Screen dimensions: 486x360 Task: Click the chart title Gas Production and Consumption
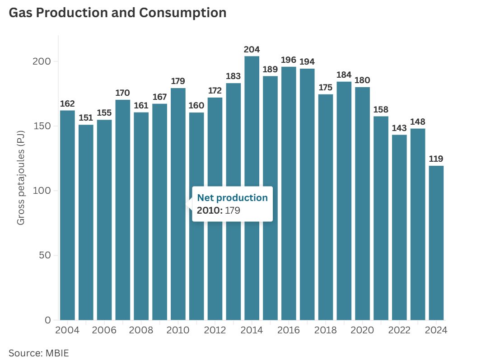coord(117,13)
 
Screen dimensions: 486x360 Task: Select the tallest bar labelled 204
coord(252,188)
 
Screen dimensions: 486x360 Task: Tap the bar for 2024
coord(436,243)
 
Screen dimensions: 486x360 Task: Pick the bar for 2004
coord(67,215)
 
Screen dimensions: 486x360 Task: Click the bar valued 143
coord(399,227)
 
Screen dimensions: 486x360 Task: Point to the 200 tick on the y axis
coord(42,61)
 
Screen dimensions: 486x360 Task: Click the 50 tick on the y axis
coord(45,255)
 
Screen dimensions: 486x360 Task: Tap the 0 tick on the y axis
coord(48,320)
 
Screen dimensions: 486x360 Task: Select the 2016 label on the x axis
coord(289,330)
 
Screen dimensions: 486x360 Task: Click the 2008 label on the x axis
coord(141,330)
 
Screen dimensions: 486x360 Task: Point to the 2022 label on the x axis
coord(399,330)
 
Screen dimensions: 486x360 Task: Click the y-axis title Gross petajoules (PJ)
coord(21,178)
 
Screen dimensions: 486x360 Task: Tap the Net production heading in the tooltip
coord(233,197)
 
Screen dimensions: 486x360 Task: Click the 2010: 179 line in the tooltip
coord(219,210)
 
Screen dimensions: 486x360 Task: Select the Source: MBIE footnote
coord(39,353)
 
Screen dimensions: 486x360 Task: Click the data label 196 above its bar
coord(289,60)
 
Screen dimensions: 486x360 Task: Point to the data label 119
coord(436,159)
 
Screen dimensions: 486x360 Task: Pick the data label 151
coord(86,118)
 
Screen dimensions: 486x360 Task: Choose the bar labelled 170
coord(123,210)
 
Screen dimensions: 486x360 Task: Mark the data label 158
coord(381,109)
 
